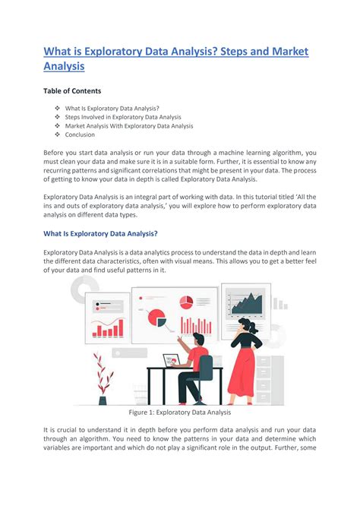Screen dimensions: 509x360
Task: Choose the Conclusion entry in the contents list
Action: click(x=81, y=135)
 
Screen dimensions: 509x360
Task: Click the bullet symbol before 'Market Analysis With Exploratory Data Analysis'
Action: click(x=57, y=126)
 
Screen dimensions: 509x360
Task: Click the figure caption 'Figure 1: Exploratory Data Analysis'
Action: click(x=180, y=413)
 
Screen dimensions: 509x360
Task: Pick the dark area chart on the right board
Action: click(x=246, y=304)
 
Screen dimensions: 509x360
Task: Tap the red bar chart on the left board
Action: click(x=107, y=327)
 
